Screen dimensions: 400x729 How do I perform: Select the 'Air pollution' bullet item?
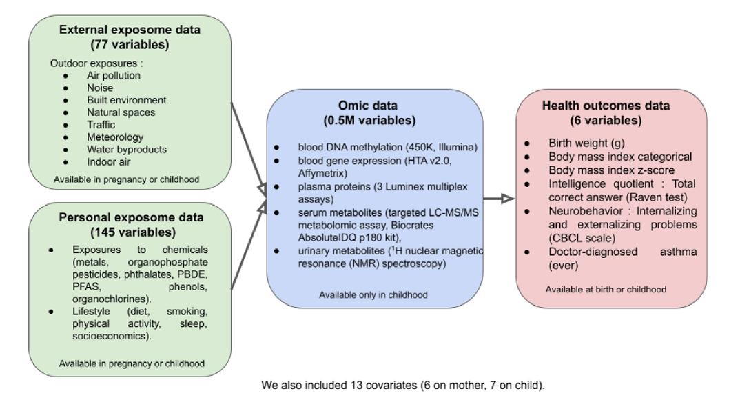(x=113, y=76)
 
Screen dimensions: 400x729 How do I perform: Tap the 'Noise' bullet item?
(x=100, y=88)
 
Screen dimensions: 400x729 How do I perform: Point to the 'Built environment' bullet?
(x=126, y=100)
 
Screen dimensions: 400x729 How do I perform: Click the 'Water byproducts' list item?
(x=127, y=149)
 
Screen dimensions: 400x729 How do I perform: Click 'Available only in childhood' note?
(x=373, y=294)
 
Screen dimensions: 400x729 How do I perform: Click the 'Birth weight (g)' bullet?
(x=587, y=144)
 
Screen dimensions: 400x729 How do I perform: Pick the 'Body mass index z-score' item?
(x=609, y=170)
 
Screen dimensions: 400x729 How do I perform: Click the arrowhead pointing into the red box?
(x=508, y=199)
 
